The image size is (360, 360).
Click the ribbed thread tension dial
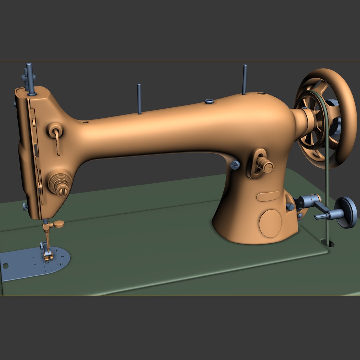60,184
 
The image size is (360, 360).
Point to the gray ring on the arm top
209,101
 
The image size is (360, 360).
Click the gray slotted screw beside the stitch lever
235,165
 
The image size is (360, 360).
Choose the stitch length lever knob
266,166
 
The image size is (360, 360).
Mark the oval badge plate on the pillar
268,196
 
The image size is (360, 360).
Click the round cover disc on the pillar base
270,223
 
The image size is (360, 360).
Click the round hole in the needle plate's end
5,266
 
